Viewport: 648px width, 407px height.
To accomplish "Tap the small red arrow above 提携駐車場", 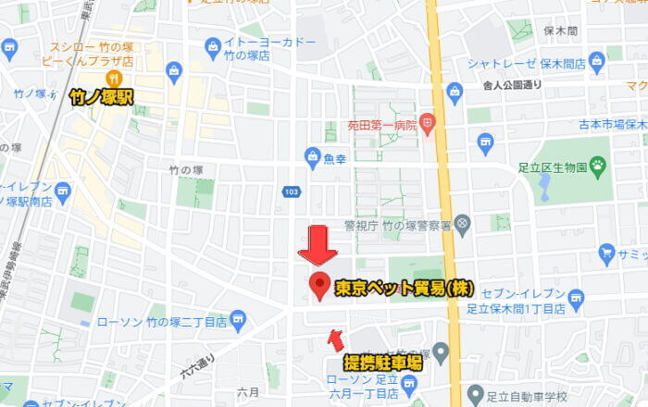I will [x=335, y=340].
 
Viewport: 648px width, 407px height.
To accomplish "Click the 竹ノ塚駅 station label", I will [x=101, y=95].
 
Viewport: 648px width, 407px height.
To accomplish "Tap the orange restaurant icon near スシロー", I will [x=115, y=77].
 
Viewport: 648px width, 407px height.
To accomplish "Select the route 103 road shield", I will [x=293, y=191].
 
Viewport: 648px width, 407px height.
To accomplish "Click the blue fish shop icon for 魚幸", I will [x=312, y=156].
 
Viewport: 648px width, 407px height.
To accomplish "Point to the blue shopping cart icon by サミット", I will [x=607, y=252].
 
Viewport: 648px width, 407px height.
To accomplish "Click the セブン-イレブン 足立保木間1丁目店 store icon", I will [x=577, y=297].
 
